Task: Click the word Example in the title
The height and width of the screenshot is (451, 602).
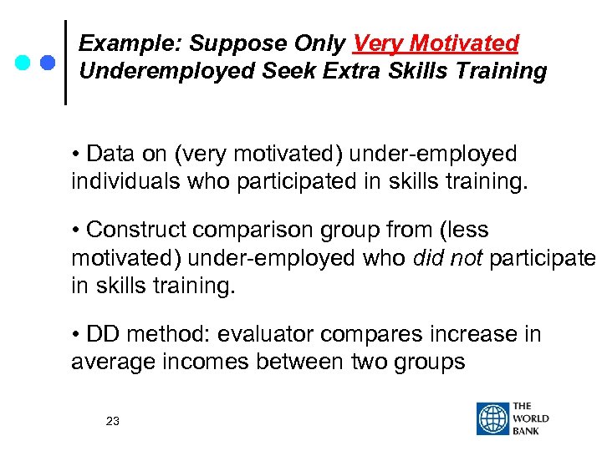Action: tap(125, 43)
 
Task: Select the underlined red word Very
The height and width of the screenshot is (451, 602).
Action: tap(375, 43)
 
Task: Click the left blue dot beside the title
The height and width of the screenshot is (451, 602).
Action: tap(23, 63)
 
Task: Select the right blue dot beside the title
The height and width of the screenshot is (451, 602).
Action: tap(47, 63)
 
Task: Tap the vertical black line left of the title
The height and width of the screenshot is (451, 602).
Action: tap(66, 63)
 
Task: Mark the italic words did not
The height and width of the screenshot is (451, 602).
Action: tap(448, 258)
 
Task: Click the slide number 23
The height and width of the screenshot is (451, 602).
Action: tap(113, 422)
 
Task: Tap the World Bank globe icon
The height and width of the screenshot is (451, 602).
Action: tap(492, 419)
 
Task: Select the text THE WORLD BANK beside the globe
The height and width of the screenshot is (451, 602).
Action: tap(531, 419)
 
